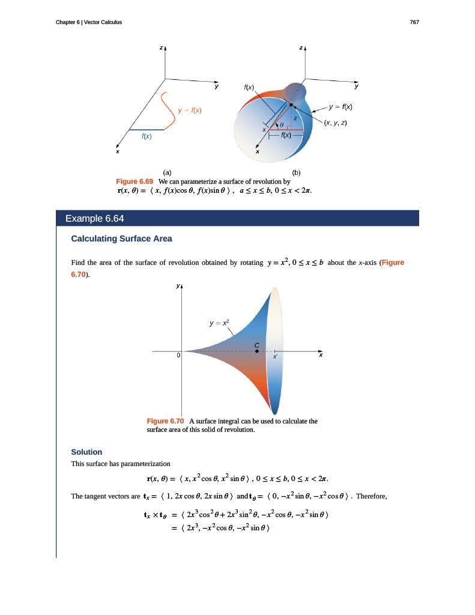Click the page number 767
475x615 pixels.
[x=414, y=22]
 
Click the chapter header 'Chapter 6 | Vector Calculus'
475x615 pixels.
[x=88, y=22]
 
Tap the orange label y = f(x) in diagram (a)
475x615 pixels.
[x=190, y=111]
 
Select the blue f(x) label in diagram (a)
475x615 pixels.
[x=146, y=137]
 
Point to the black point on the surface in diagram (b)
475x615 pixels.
[x=291, y=105]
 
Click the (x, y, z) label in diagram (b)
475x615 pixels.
[x=336, y=123]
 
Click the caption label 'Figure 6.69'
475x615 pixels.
[x=135, y=181]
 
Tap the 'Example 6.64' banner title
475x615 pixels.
[x=94, y=218]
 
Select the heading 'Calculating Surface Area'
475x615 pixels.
[x=121, y=238]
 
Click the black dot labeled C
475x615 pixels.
[x=257, y=351]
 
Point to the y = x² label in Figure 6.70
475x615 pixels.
[x=220, y=323]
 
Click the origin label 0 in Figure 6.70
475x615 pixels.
[x=178, y=356]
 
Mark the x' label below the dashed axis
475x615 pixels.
[x=275, y=357]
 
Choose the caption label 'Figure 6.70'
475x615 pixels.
[x=165, y=422]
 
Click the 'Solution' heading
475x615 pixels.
[x=86, y=452]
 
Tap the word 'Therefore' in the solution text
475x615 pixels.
[x=372, y=495]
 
